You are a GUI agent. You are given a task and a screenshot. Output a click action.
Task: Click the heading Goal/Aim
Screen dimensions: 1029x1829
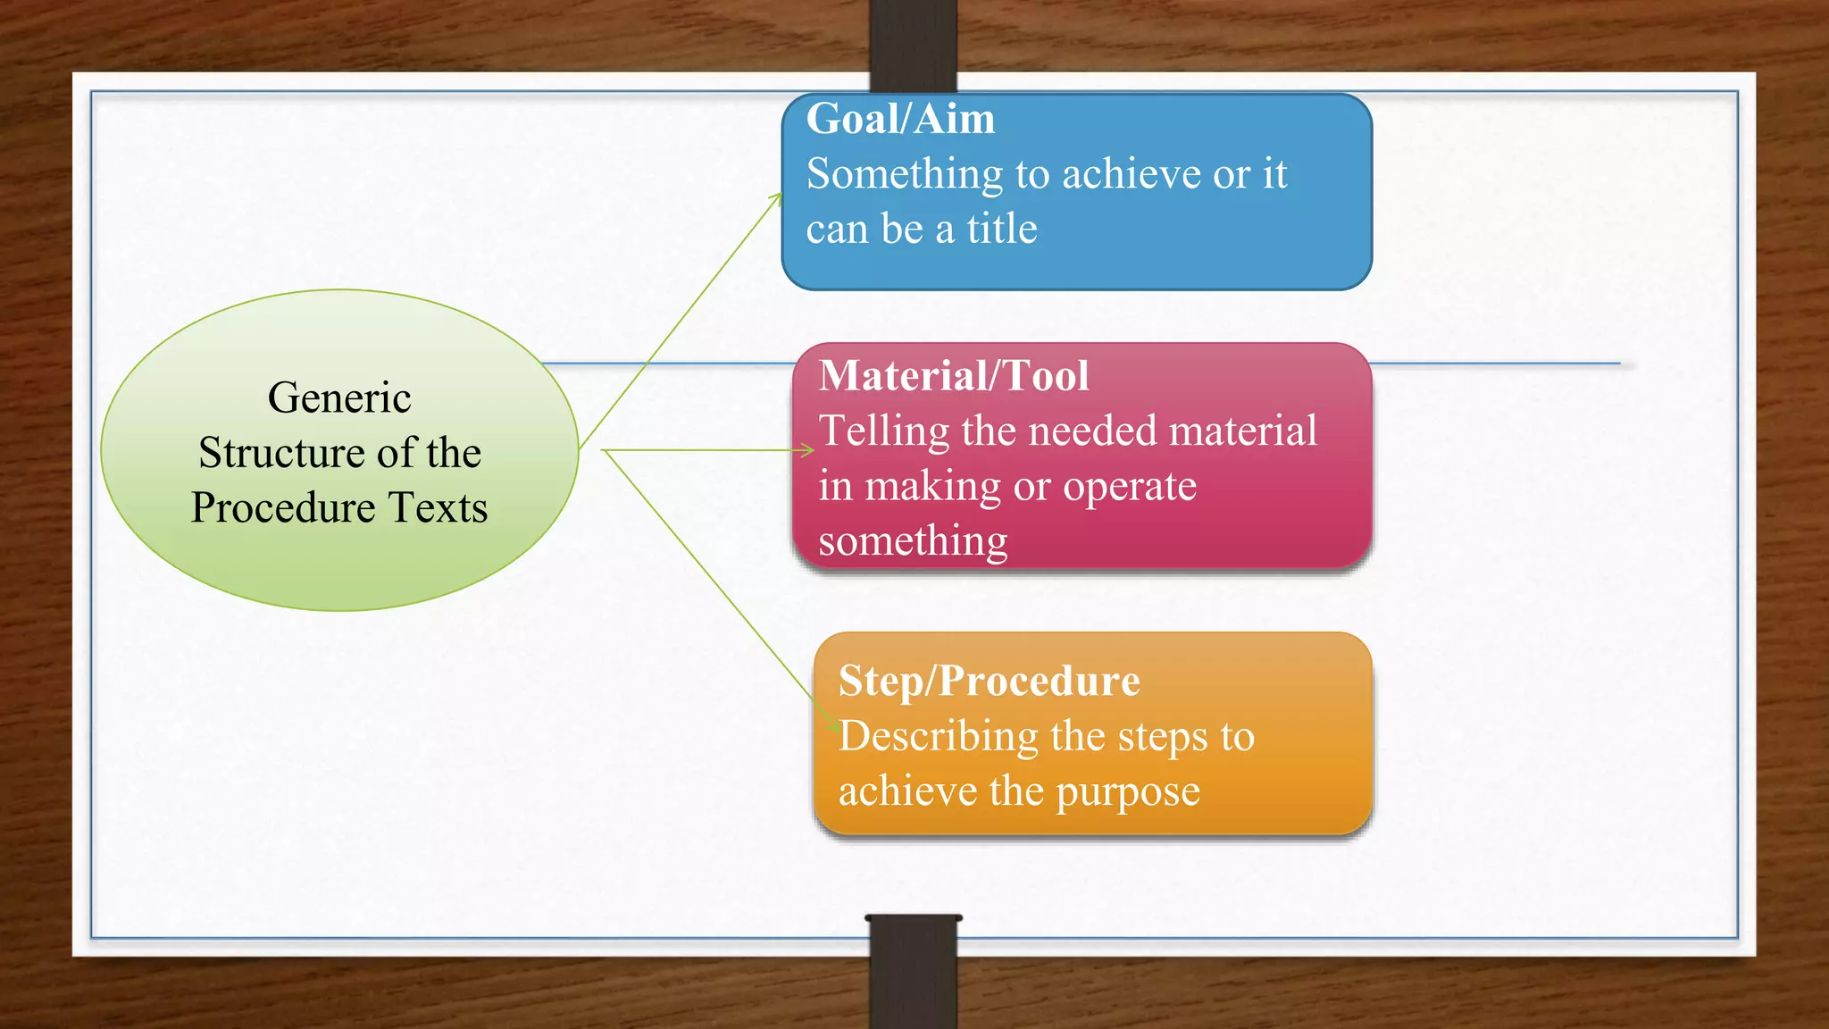(900, 119)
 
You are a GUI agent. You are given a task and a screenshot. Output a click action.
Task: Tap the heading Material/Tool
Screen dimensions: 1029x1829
(954, 375)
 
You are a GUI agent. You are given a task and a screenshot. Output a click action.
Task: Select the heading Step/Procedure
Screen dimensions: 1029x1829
(989, 681)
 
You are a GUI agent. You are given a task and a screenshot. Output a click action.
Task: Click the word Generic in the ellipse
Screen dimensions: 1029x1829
(339, 397)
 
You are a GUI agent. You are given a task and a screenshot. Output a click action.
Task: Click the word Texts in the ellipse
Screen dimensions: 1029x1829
(438, 507)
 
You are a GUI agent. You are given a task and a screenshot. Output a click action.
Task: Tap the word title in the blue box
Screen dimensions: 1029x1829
(1002, 229)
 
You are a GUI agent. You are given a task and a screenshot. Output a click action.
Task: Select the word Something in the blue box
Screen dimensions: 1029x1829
(905, 174)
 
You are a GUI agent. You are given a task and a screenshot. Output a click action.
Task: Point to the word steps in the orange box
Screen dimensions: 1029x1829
(1162, 738)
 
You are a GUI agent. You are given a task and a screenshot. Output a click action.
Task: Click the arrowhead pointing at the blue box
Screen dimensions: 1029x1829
(777, 197)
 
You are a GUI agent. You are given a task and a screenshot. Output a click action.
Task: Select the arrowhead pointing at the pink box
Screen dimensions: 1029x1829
(808, 450)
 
